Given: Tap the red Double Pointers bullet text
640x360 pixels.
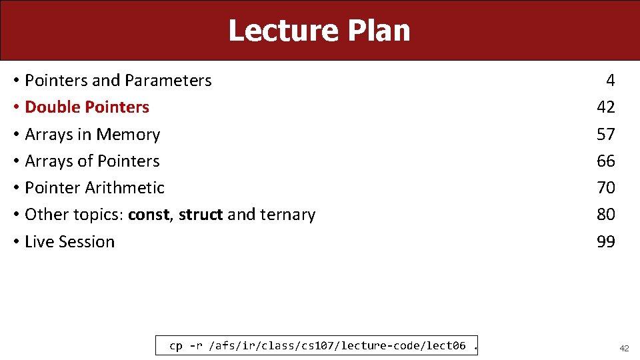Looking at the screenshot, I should click(x=87, y=107).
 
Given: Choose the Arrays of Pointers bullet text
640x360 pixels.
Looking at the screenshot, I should click(x=92, y=161).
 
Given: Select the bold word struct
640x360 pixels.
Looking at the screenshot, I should click(x=201, y=215).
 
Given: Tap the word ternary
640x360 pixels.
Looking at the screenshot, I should click(x=289, y=215).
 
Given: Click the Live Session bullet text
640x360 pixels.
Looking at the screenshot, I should click(x=69, y=241).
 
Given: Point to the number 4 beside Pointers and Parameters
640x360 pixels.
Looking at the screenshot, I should click(x=610, y=81).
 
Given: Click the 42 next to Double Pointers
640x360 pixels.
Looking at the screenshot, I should click(x=606, y=107).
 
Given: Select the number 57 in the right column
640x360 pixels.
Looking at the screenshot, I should click(x=606, y=135).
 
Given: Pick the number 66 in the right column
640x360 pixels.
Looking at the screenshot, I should click(x=606, y=161).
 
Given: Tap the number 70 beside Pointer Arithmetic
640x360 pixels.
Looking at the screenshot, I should click(x=606, y=188).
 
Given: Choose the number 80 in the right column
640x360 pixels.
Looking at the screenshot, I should click(x=606, y=215).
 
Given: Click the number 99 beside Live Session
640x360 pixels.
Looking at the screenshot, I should click(x=606, y=241).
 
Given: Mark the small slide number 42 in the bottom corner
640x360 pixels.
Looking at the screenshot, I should click(x=624, y=348).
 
